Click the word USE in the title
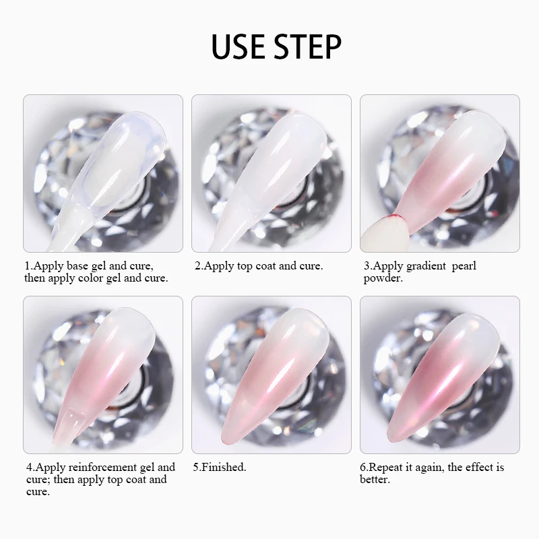tap(239, 46)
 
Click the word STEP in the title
tap(308, 46)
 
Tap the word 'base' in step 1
tap(77, 265)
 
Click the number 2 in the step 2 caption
tap(197, 265)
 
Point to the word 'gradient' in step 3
tap(426, 266)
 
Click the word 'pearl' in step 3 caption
tap(464, 266)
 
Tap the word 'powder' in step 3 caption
tap(381, 278)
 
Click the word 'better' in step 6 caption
tap(374, 480)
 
